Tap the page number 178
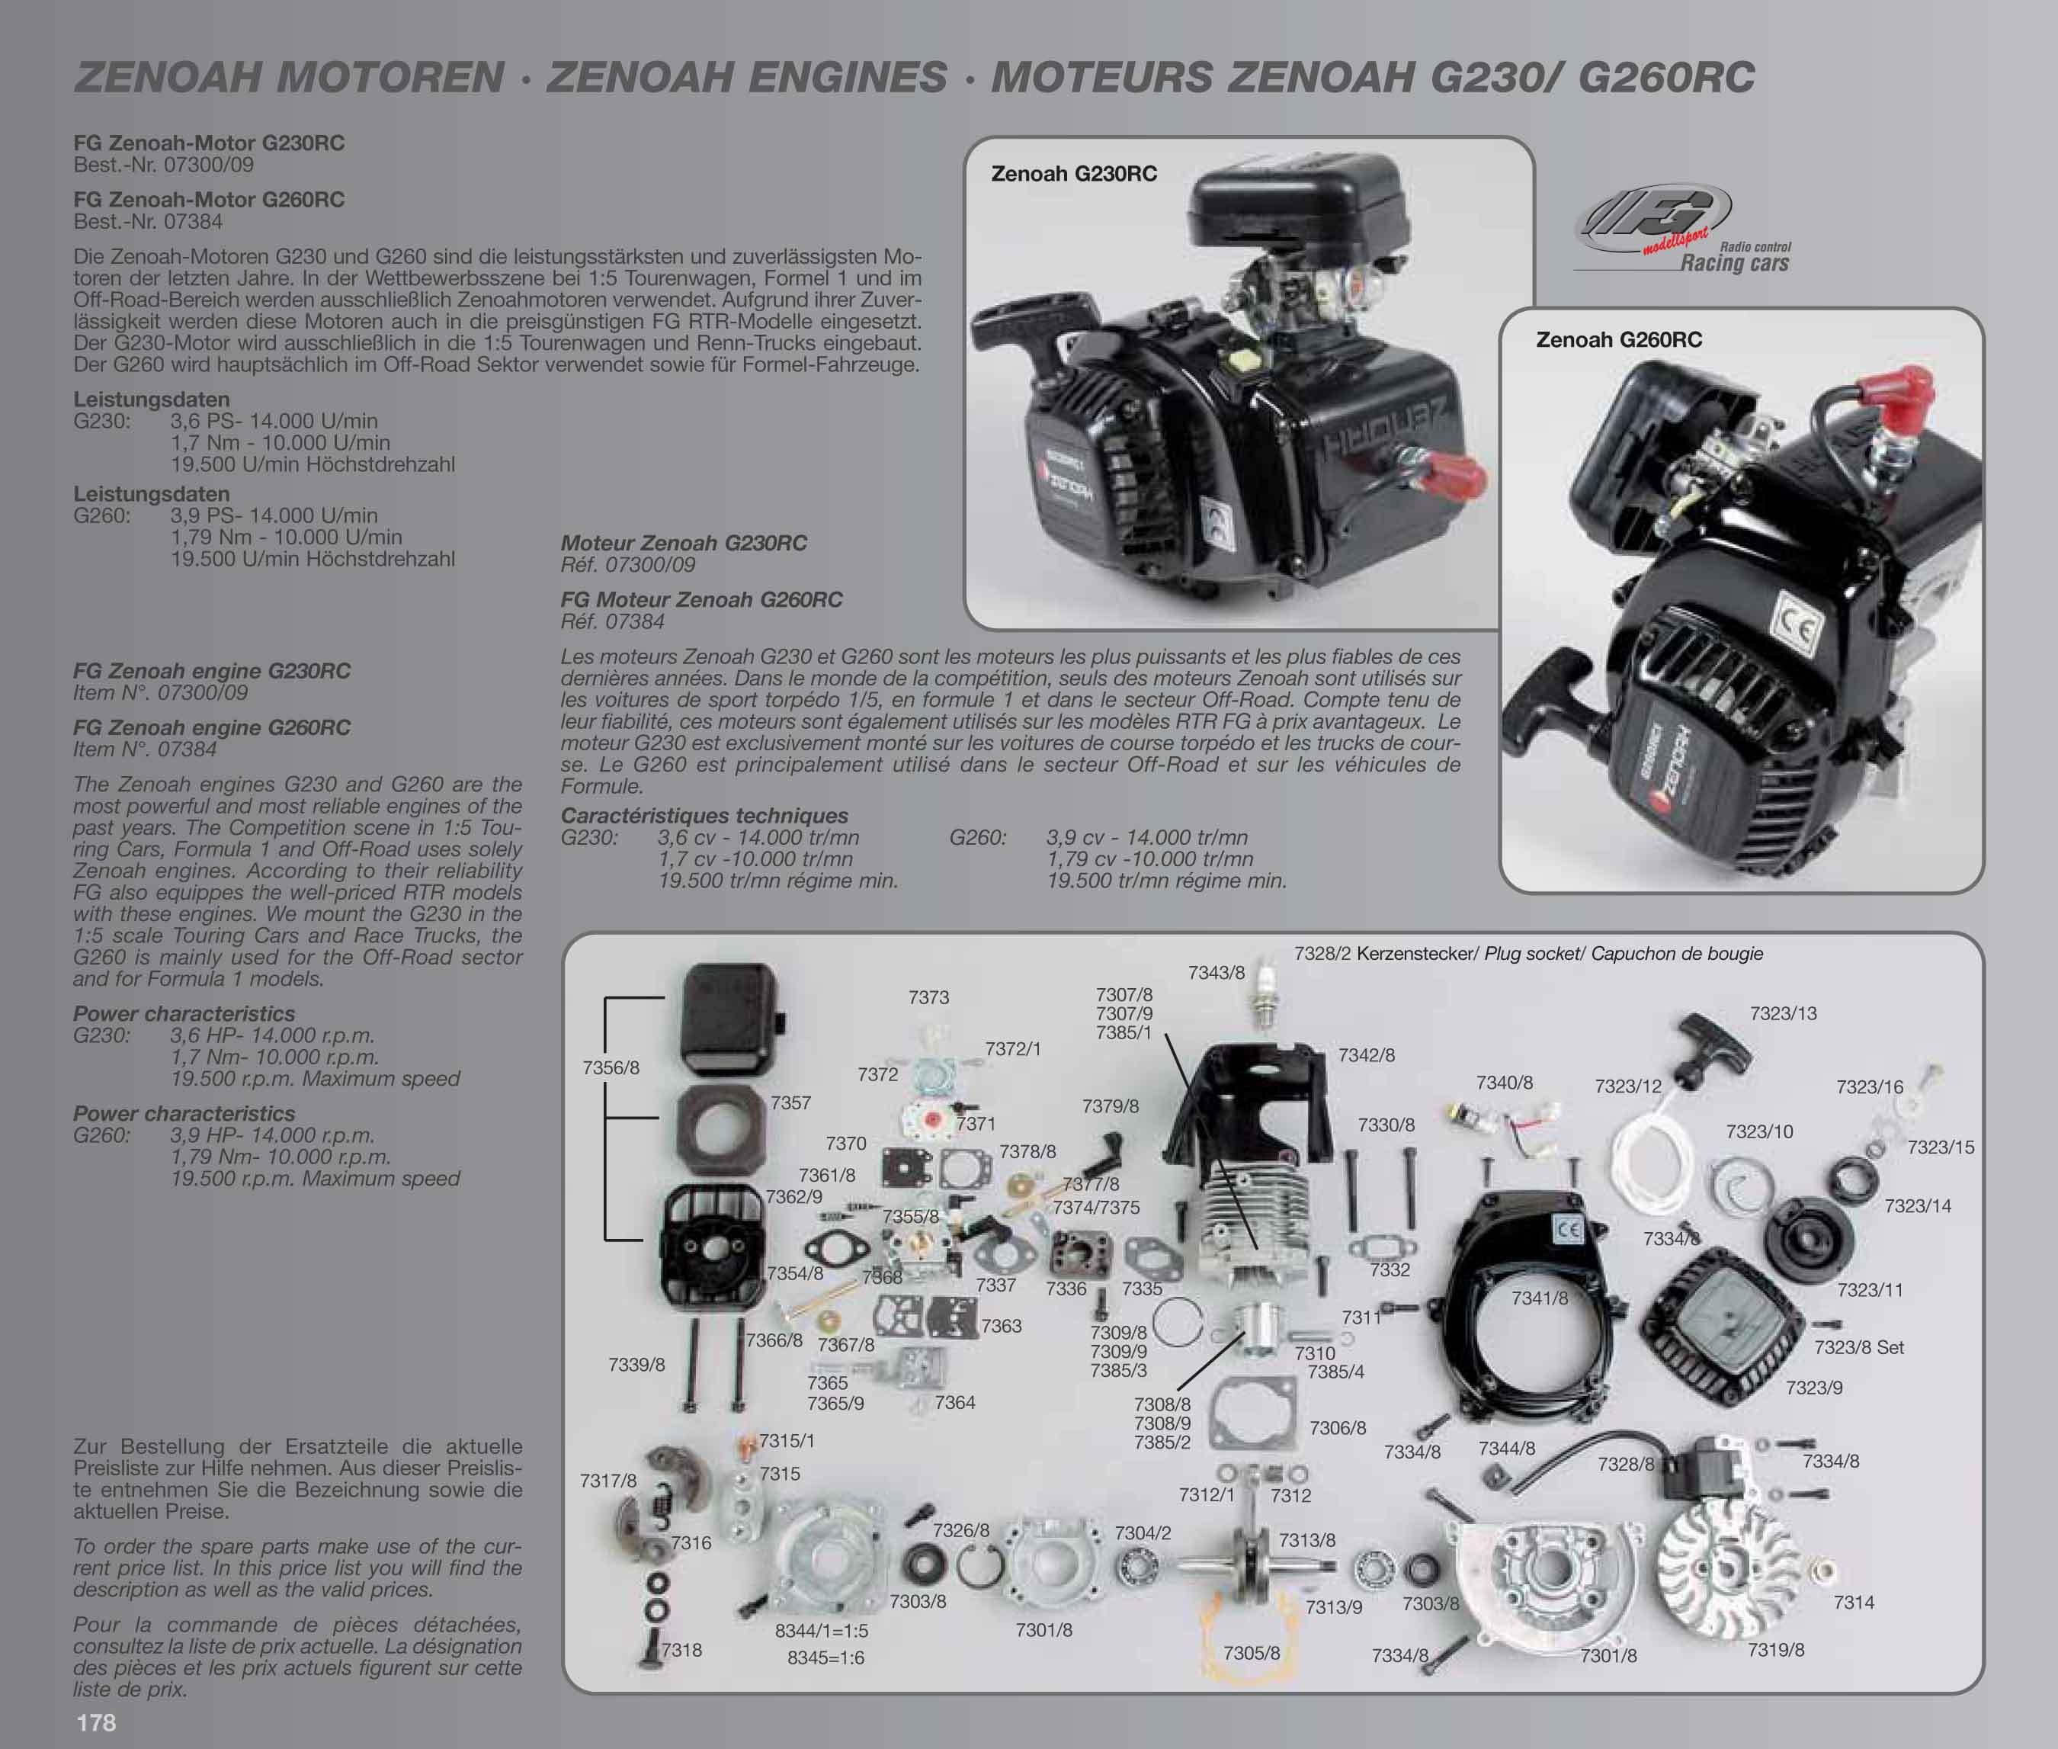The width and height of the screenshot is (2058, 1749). (x=96, y=1722)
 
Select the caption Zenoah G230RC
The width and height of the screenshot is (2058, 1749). (x=1074, y=174)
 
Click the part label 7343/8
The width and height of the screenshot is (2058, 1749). (x=1216, y=973)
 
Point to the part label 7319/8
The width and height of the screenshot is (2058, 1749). (x=1775, y=1650)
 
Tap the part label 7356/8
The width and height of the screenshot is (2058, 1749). (x=611, y=1068)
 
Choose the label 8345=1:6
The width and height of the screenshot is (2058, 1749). (x=825, y=1658)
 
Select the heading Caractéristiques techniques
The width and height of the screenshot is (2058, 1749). (x=704, y=815)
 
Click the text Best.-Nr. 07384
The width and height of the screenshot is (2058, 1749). (x=148, y=221)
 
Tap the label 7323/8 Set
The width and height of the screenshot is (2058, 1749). (x=1859, y=1347)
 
